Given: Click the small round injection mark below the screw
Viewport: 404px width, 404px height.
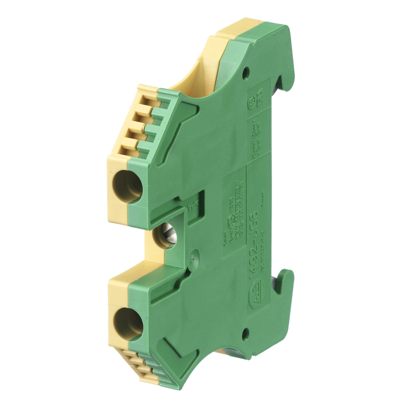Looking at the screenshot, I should [x=192, y=260].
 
